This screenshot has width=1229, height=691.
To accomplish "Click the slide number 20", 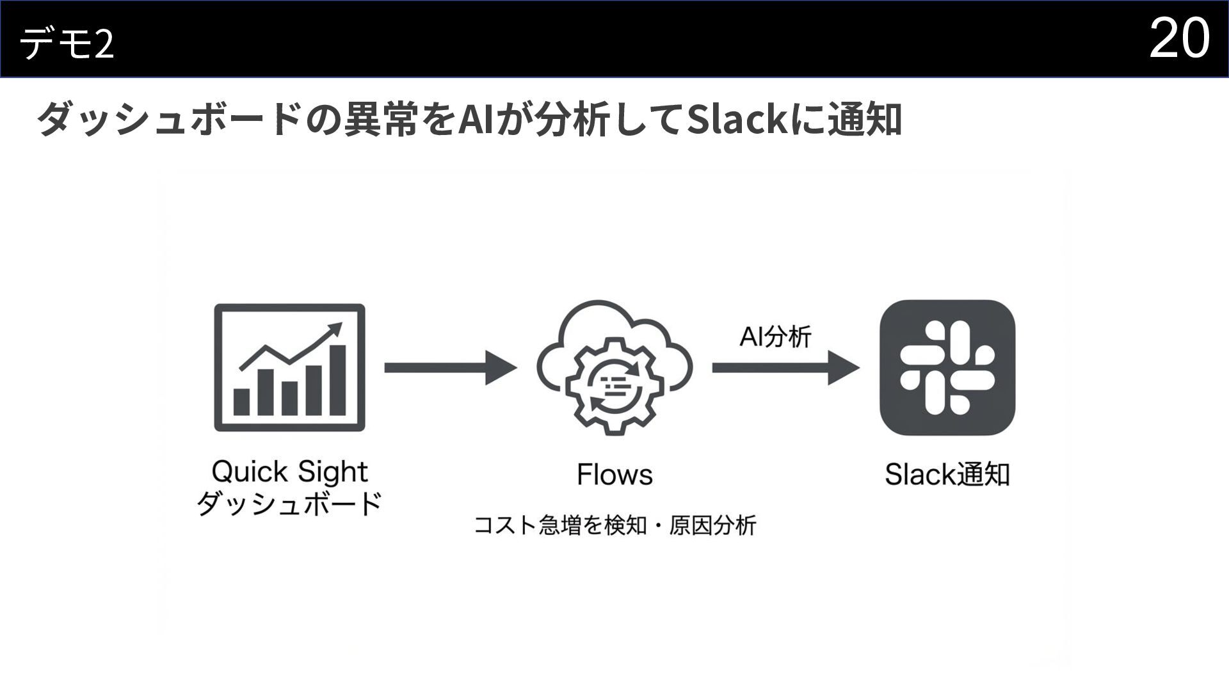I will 1179,38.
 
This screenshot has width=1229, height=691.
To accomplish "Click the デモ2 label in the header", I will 67,44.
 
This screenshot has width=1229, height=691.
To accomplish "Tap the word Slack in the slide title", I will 737,120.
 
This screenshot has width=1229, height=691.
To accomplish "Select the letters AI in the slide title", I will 476,120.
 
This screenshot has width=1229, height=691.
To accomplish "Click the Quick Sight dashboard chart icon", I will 289,367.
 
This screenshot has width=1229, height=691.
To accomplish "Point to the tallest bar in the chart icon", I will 337,380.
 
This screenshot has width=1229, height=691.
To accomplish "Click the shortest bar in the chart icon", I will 241,401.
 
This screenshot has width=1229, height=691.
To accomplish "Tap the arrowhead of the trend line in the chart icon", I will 334,330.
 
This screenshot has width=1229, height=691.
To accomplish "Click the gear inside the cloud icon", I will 613,386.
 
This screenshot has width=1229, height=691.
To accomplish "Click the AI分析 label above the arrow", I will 775,336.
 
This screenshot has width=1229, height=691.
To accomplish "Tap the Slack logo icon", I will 947,367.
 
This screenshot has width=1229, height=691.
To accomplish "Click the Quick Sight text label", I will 289,472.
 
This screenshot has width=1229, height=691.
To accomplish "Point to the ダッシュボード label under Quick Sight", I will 289,504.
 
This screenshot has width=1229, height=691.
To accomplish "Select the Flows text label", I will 614,475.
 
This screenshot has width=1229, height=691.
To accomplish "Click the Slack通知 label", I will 947,475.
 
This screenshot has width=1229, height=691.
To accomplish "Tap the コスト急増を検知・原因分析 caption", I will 614,525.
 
